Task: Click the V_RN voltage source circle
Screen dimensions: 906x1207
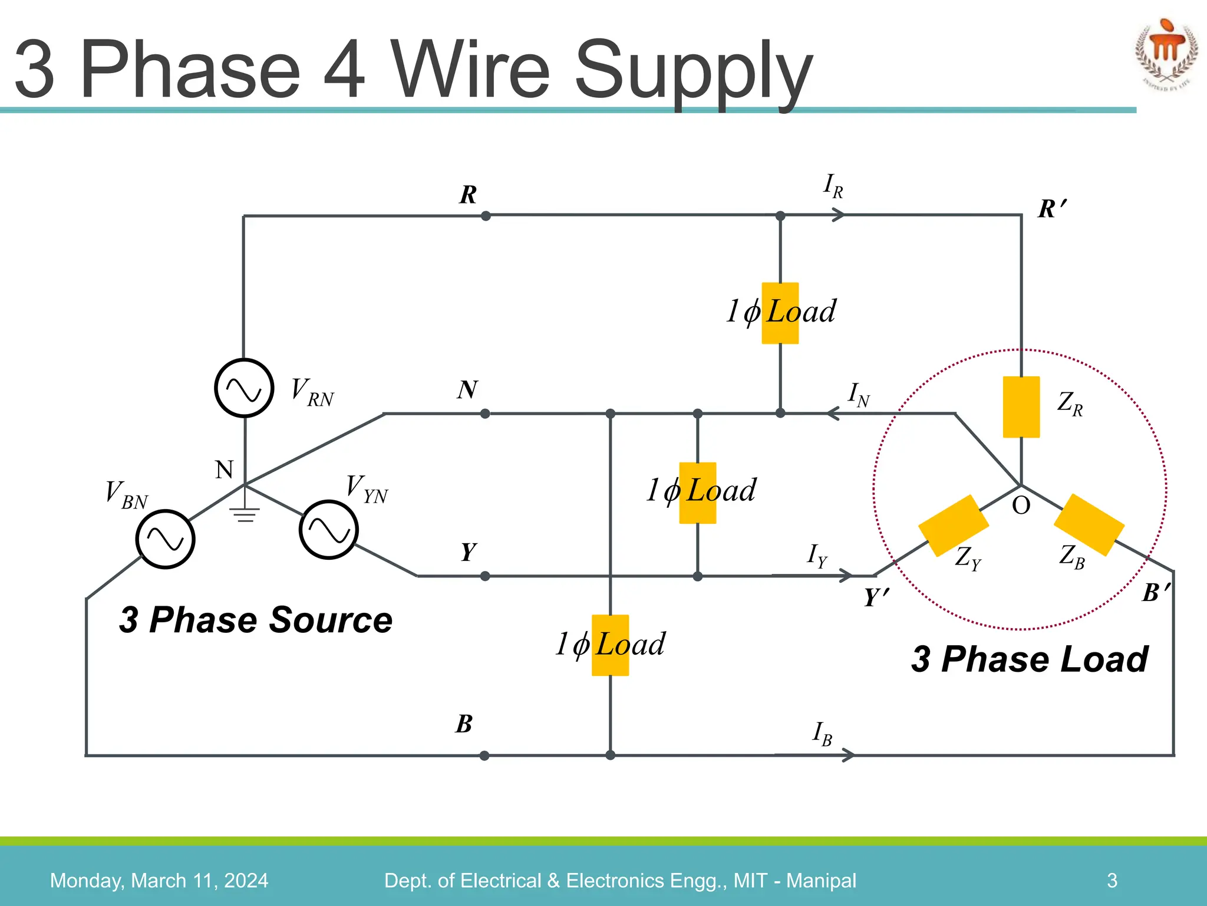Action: [244, 388]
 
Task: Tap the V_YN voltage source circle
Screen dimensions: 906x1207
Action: [328, 530]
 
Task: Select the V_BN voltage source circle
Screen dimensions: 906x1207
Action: [166, 539]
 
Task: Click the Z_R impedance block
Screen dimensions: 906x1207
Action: [1021, 407]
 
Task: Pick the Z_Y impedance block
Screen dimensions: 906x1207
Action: [953, 526]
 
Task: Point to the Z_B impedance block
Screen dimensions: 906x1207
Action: [1089, 525]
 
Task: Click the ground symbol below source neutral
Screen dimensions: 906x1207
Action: [245, 514]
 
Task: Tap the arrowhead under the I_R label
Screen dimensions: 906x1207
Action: [838, 216]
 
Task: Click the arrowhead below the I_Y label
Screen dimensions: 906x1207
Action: [846, 575]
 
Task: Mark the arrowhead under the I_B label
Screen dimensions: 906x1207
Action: [848, 755]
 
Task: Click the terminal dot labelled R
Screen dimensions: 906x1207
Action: [486, 216]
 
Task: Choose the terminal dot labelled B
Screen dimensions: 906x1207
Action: [484, 756]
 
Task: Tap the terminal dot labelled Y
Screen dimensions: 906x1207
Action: [485, 576]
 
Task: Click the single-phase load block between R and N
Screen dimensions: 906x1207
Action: [780, 313]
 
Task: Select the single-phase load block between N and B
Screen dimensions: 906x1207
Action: [610, 645]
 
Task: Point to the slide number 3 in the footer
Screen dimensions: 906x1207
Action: [1112, 880]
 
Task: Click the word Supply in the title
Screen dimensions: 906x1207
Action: [693, 71]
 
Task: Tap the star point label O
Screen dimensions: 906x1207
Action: [1021, 505]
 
